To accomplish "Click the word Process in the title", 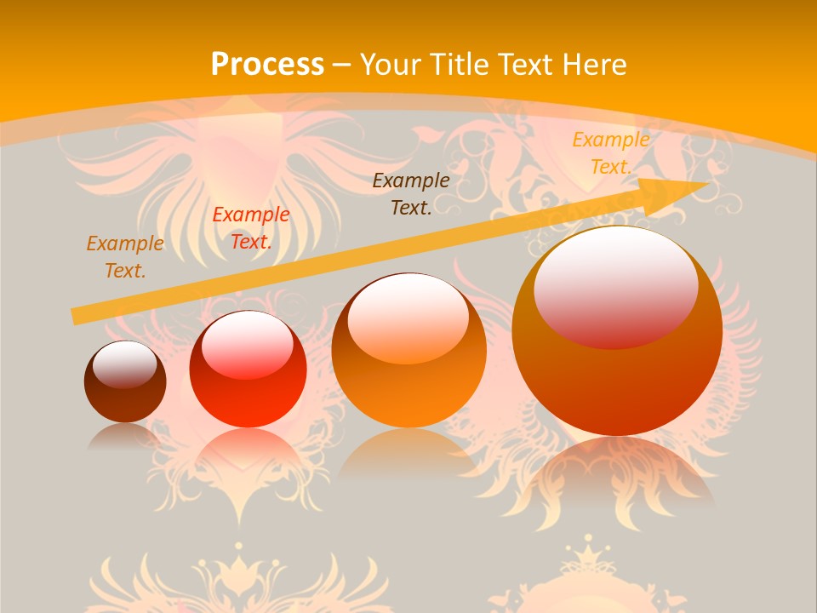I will click(267, 65).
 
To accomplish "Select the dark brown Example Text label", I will click(411, 193).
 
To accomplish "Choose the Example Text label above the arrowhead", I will click(610, 153).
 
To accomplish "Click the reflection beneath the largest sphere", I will click(617, 468).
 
